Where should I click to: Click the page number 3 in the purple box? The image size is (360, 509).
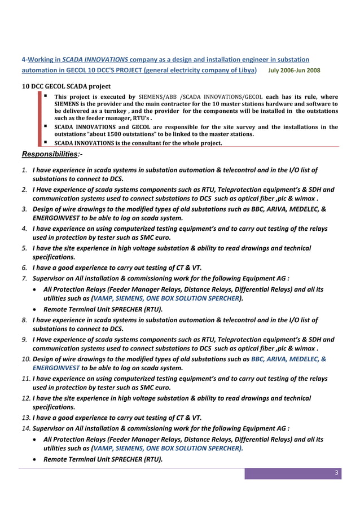[x=336, y=473]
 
